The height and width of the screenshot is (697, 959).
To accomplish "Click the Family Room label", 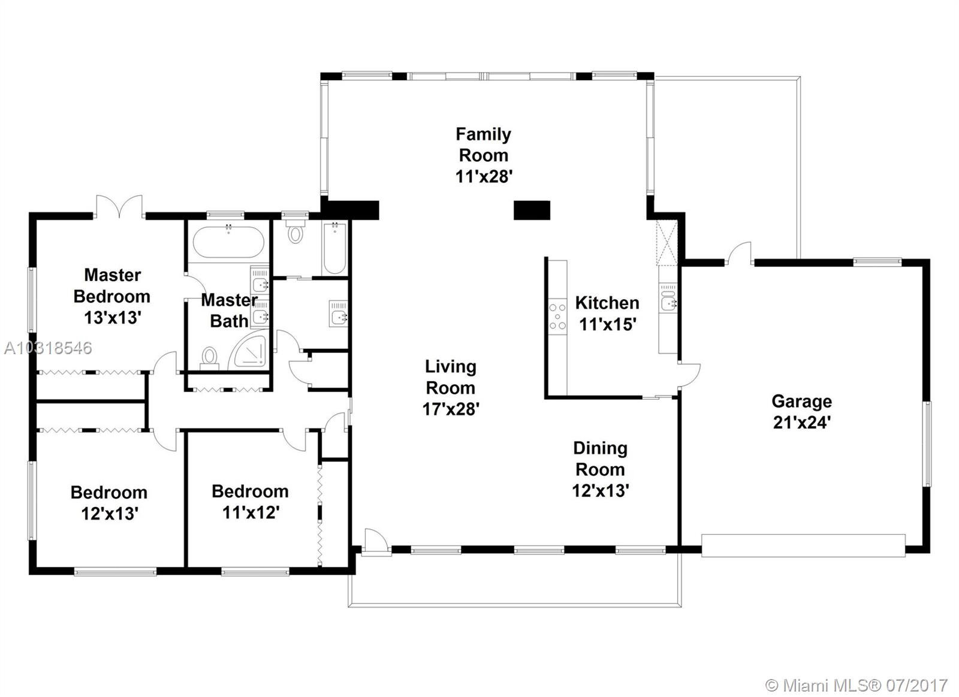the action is (483, 144).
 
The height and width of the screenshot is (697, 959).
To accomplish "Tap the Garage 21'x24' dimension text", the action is (802, 423).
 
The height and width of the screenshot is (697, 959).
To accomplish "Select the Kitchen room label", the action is (607, 303).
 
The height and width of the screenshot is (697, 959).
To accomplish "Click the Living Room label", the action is (451, 377).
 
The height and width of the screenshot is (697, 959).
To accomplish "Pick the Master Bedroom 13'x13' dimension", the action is (113, 318).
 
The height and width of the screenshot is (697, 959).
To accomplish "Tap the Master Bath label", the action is (230, 310).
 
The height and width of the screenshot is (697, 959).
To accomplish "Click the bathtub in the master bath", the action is (228, 242).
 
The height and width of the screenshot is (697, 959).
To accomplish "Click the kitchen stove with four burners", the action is (558, 316).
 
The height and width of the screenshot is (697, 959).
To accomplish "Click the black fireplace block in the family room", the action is (532, 210).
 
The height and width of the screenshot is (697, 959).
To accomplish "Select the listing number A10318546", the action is (48, 348).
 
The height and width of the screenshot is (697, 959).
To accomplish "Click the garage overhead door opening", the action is (803, 545).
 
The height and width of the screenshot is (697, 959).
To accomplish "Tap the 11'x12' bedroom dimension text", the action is (251, 512).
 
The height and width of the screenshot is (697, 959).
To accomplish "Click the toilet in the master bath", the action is (209, 359).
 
